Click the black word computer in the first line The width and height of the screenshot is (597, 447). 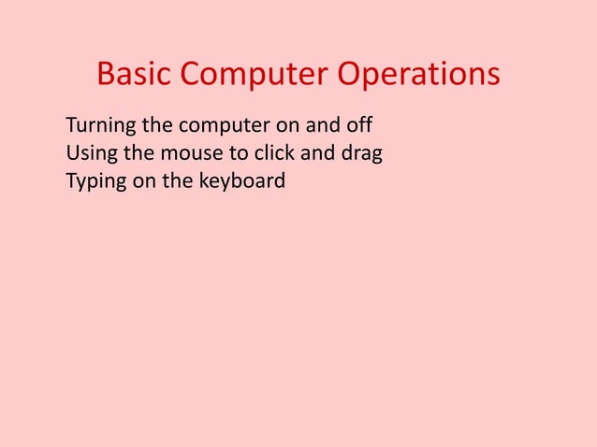[x=224, y=126]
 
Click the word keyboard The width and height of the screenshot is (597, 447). [x=241, y=180]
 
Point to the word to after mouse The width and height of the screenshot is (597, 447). [x=228, y=153]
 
